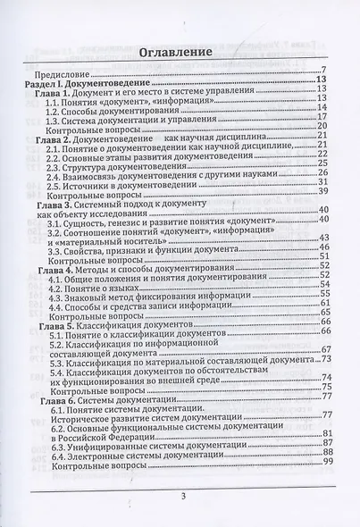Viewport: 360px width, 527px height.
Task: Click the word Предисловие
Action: tap(63, 71)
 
